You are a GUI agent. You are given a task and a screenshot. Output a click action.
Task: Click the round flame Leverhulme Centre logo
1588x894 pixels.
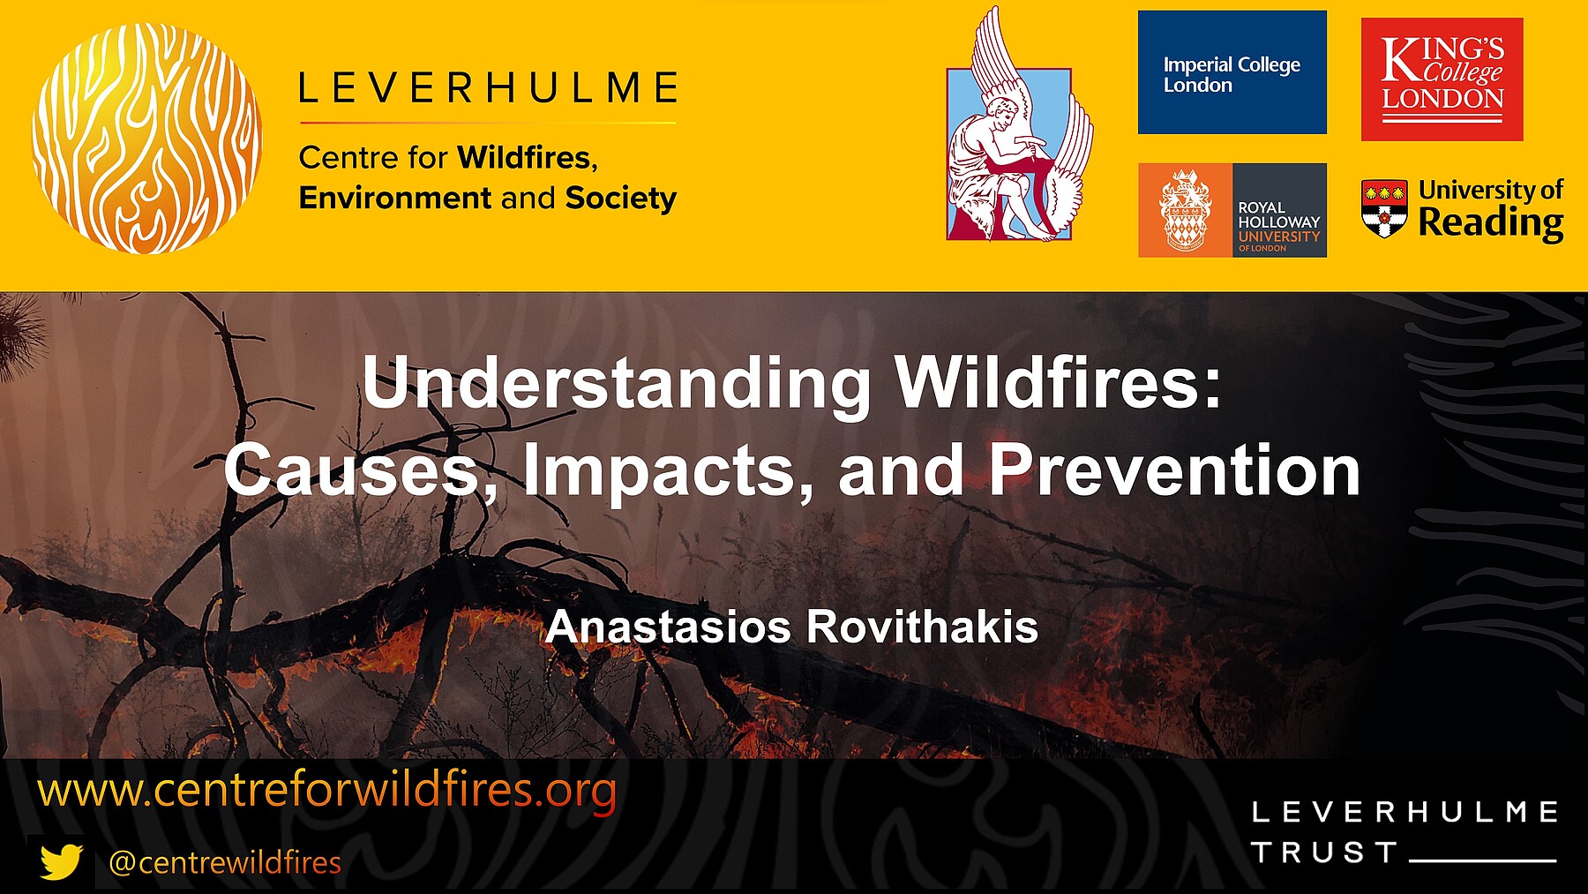(147, 139)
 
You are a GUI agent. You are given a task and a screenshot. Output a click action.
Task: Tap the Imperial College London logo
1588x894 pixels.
(1232, 72)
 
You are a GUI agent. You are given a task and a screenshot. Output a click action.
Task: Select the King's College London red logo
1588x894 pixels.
(1442, 79)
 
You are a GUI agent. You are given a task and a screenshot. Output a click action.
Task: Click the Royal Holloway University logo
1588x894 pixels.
(1232, 210)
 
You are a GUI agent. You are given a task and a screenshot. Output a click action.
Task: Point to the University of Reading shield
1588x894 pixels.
(1384, 208)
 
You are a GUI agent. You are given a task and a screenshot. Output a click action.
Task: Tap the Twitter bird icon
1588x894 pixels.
(61, 861)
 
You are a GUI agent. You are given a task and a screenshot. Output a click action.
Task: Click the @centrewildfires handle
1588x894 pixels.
(224, 862)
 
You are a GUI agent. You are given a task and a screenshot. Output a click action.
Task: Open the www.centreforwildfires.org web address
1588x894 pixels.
(326, 790)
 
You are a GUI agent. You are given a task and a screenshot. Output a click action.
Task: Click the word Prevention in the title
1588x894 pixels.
(1175, 470)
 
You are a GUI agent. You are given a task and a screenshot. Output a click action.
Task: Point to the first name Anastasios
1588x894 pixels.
(669, 627)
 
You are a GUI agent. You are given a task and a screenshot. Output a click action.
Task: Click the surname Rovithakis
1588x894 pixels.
(923, 627)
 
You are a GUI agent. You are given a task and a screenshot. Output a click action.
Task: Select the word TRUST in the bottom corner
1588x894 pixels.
(1323, 853)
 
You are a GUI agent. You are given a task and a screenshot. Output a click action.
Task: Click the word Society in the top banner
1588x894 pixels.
(621, 199)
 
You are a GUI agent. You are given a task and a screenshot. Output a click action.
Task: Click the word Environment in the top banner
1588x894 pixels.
(395, 198)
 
